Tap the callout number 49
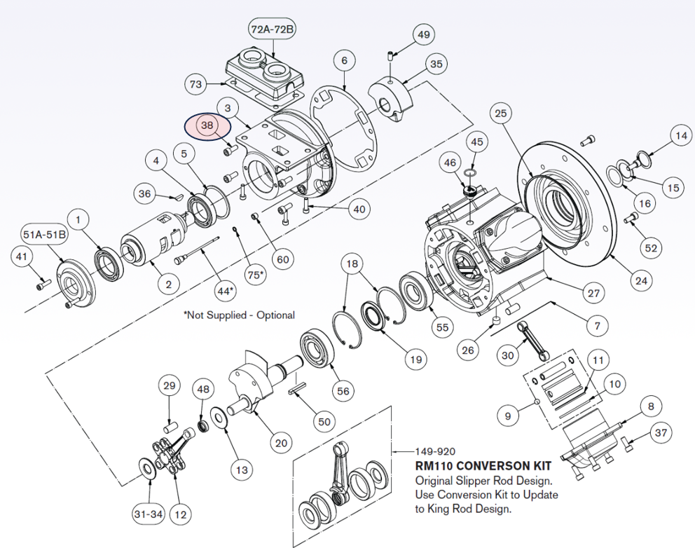(424, 34)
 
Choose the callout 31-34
(148, 514)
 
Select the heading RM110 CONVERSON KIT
(483, 466)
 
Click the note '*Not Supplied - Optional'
(239, 315)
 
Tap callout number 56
(343, 392)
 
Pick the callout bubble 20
(280, 442)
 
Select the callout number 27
(593, 294)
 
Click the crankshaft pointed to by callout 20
(256, 382)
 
